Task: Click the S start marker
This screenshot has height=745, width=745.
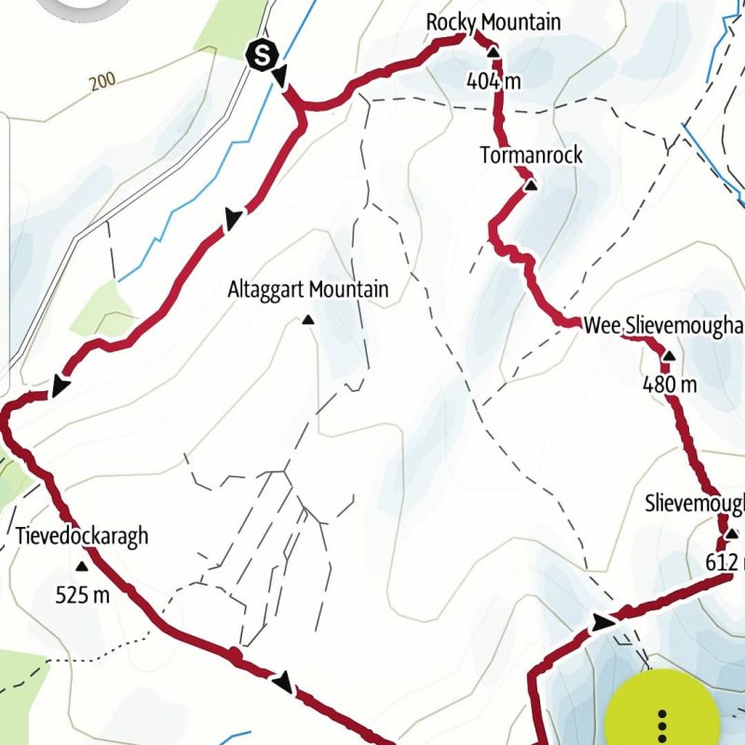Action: click(x=263, y=56)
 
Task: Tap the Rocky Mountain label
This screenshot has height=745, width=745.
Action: click(x=494, y=20)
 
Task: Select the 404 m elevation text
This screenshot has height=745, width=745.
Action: click(x=494, y=81)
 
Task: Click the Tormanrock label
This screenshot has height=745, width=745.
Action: click(x=531, y=155)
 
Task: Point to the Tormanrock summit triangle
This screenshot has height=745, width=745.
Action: click(x=530, y=186)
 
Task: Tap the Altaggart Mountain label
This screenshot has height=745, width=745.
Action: click(x=307, y=291)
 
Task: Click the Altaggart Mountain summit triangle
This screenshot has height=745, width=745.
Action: click(x=307, y=321)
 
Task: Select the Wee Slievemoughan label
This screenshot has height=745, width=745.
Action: click(x=664, y=325)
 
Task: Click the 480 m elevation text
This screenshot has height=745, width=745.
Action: click(x=670, y=383)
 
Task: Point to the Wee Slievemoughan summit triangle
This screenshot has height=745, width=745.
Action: click(x=668, y=356)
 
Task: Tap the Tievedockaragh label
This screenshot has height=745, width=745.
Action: click(x=82, y=535)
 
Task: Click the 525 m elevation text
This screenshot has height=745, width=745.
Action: click(x=82, y=593)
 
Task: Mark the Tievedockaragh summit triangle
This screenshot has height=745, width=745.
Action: click(x=82, y=565)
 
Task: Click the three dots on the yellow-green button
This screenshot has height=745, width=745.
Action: click(x=662, y=725)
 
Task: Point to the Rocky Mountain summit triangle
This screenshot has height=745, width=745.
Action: click(x=493, y=53)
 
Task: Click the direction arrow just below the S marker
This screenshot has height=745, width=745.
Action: click(x=279, y=76)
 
